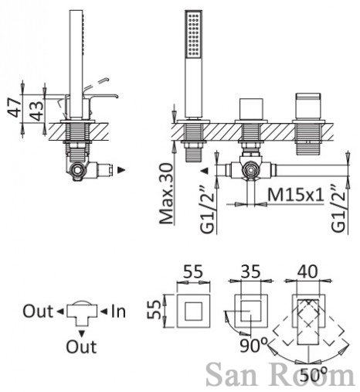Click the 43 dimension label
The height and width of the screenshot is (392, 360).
(x=36, y=110)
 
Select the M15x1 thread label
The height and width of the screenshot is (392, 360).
(x=296, y=194)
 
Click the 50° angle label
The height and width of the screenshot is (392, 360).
(x=314, y=374)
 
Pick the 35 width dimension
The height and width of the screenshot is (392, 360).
(x=251, y=271)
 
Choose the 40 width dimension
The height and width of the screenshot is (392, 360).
(x=307, y=271)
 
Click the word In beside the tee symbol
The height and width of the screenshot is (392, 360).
(x=118, y=311)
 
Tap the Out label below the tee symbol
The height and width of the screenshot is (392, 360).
(x=81, y=346)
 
